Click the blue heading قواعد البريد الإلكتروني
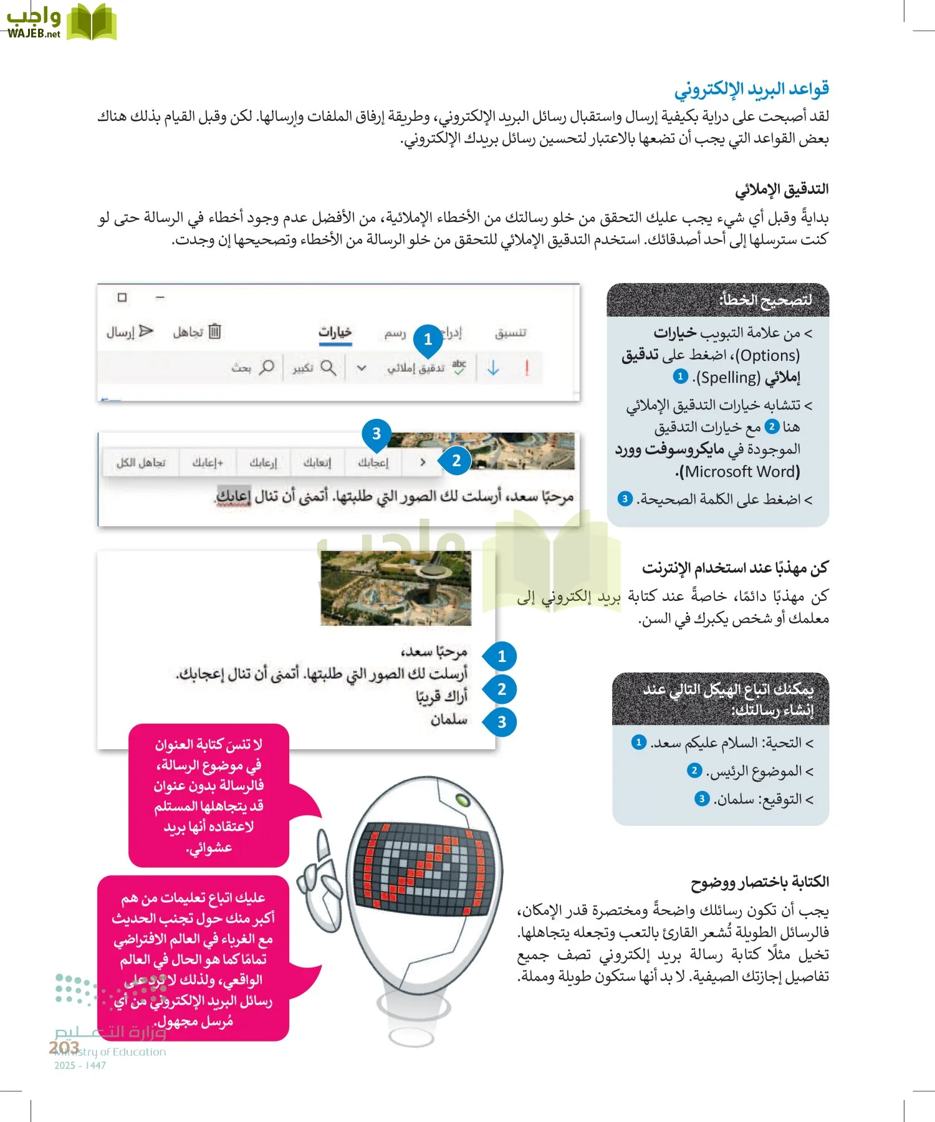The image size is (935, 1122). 751,89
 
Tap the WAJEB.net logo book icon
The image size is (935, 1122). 91,22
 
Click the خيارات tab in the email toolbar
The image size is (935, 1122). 335,332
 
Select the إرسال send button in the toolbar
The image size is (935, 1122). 130,332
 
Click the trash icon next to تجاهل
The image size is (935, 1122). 214,331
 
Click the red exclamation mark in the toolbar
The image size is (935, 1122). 527,368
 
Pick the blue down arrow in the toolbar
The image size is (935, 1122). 493,368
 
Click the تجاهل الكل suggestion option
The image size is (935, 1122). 141,463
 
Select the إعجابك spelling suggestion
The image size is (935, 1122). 373,463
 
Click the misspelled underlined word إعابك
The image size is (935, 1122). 234,497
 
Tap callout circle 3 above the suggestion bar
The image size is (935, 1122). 376,433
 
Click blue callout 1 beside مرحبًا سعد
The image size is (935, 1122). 502,656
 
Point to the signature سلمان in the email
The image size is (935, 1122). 449,720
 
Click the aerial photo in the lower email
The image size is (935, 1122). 396,588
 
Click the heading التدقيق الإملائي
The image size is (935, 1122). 782,189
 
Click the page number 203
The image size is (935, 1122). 64,1047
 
